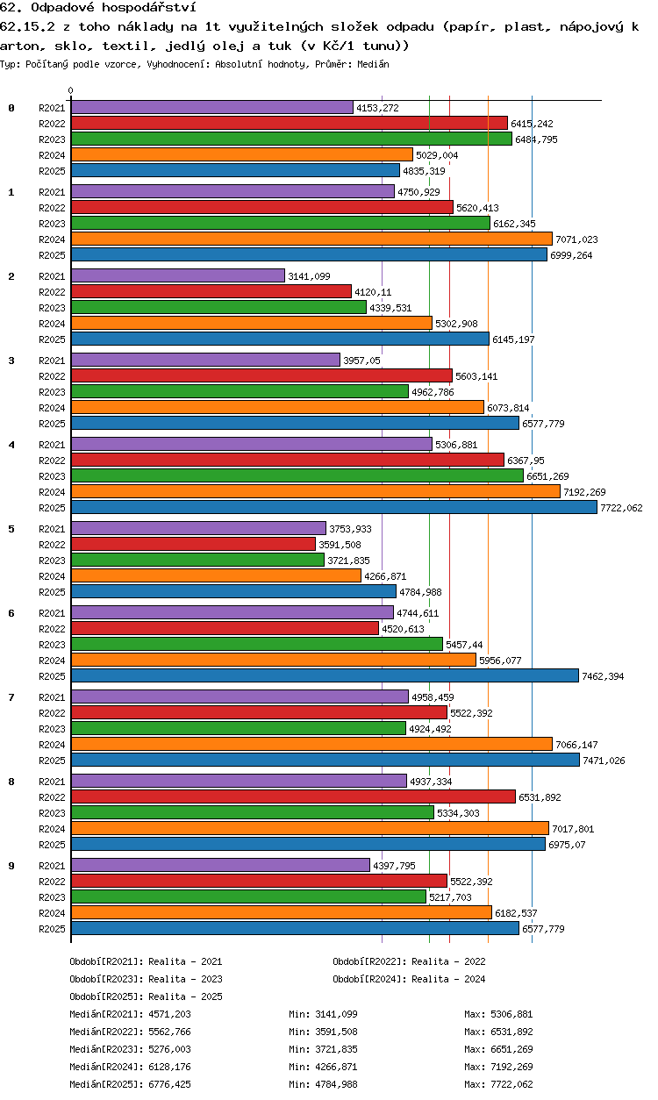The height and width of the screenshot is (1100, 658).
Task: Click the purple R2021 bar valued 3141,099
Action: click(178, 276)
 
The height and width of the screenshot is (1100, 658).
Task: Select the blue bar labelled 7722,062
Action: click(334, 507)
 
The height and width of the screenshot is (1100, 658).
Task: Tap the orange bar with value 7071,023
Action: click(311, 239)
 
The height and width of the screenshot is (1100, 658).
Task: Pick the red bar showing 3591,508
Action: click(194, 544)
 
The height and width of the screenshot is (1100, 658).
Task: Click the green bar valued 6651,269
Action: click(297, 475)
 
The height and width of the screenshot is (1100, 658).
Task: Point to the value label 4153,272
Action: click(377, 108)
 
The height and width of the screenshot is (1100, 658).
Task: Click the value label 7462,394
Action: click(603, 676)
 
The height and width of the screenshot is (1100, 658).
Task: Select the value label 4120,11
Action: click(373, 292)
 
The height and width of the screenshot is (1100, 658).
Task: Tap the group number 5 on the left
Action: click(11, 529)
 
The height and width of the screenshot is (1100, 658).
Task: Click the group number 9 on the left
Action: click(11, 866)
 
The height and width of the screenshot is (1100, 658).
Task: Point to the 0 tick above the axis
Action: click(71, 90)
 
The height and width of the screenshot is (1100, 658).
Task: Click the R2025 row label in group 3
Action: click(52, 424)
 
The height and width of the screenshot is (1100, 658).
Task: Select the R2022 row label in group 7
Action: click(52, 713)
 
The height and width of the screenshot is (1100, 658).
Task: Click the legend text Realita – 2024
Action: click(448, 979)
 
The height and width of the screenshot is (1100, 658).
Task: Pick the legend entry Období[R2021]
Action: click(106, 961)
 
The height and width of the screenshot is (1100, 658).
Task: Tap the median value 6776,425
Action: click(169, 1084)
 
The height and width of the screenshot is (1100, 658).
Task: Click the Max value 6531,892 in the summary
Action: click(511, 1032)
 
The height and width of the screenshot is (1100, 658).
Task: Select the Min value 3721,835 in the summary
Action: click(336, 1049)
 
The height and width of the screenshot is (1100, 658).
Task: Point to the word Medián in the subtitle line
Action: click(373, 64)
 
